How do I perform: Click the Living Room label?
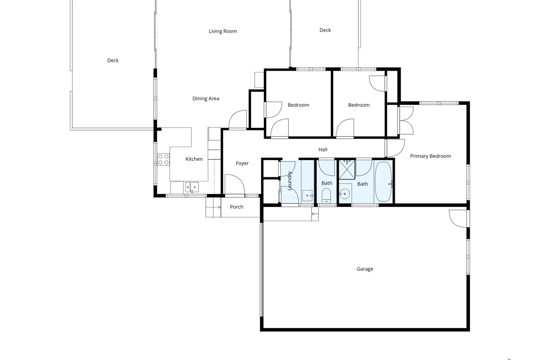(x=223, y=31)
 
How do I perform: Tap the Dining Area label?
(x=206, y=99)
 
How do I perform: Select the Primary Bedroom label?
(x=431, y=156)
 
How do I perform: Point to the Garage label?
(x=365, y=269)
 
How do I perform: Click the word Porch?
(x=237, y=207)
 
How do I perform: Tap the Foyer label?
(x=242, y=163)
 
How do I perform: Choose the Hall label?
(x=323, y=149)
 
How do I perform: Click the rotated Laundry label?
(x=290, y=181)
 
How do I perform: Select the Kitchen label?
(x=194, y=159)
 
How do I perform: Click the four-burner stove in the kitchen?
(x=163, y=160)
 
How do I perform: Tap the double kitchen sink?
(x=192, y=187)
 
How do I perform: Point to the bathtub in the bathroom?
(x=383, y=181)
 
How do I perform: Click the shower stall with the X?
(x=347, y=170)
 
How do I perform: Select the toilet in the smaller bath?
(x=326, y=196)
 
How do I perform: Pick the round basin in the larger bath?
(x=345, y=193)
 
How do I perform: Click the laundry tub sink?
(x=307, y=196)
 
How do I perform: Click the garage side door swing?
(x=458, y=219)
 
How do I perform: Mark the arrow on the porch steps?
(x=219, y=207)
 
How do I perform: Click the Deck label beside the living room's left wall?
(x=113, y=60)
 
